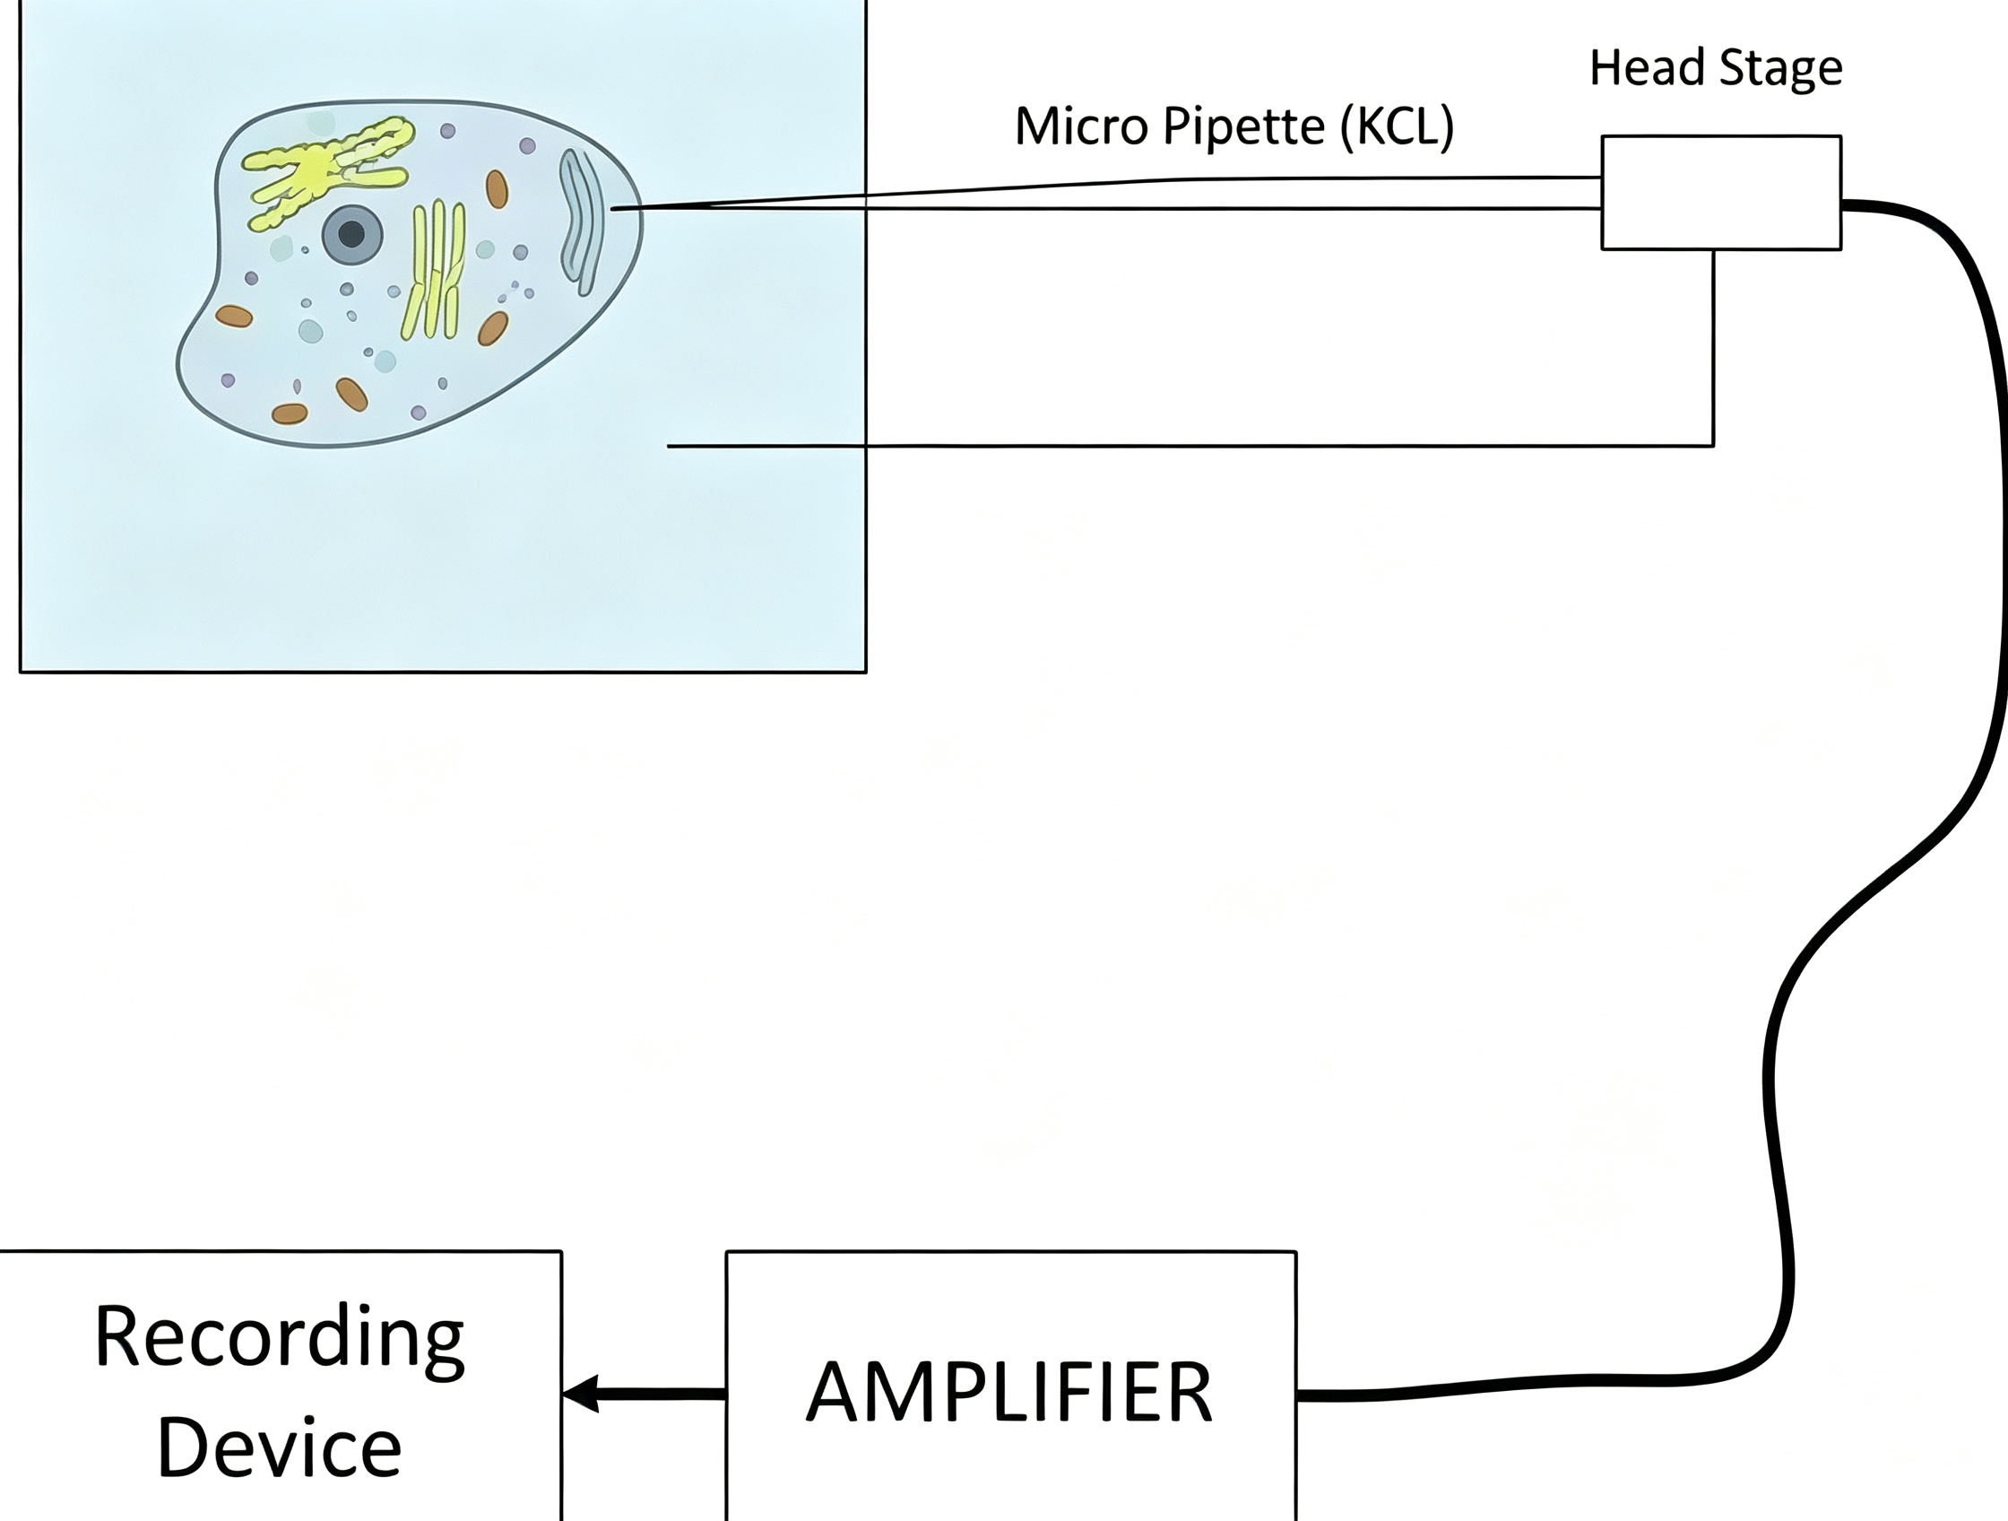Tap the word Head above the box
click(x=1641, y=67)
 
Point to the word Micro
click(x=1083, y=126)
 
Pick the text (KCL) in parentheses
click(x=1397, y=127)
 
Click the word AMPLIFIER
click(x=1009, y=1393)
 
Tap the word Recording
click(x=280, y=1339)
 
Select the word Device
click(x=280, y=1447)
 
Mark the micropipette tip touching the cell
click(x=613, y=210)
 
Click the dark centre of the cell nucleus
click(x=351, y=235)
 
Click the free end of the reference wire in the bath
click(x=668, y=446)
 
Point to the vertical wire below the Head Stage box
click(x=1714, y=348)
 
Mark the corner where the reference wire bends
click(x=1714, y=446)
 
